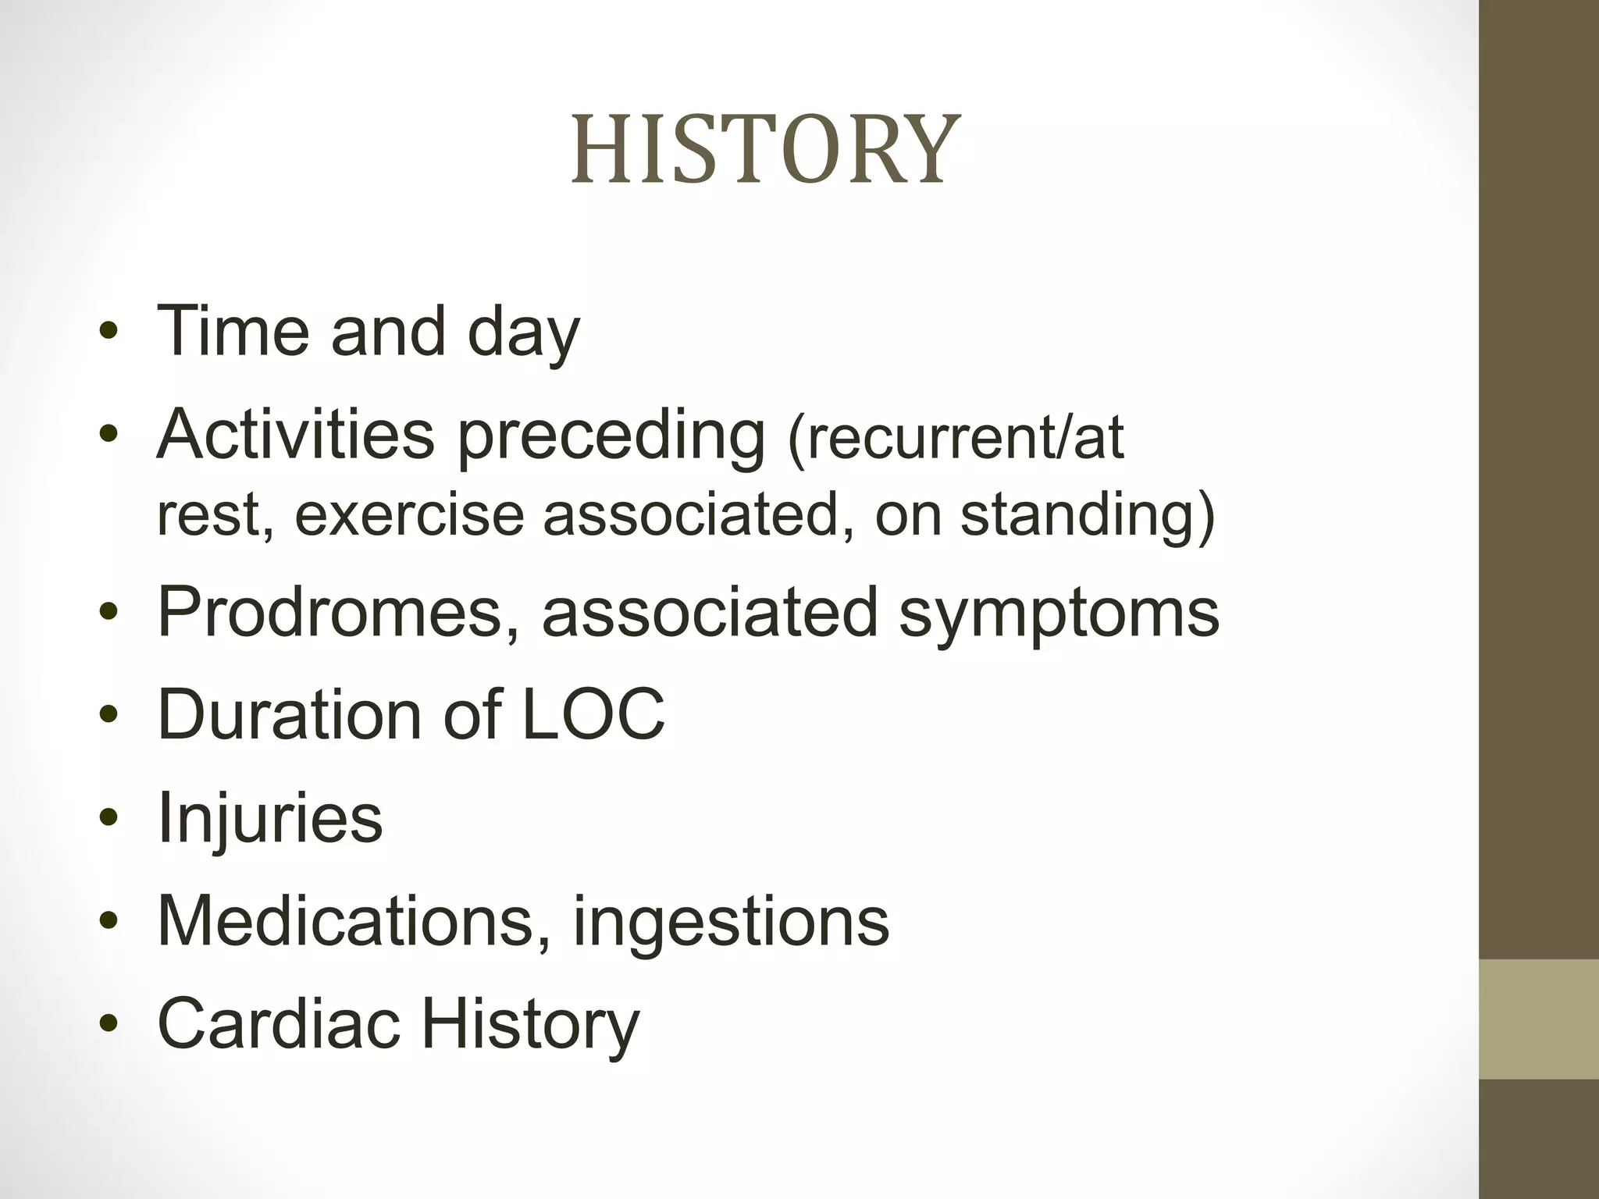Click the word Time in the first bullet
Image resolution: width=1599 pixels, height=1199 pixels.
pos(233,331)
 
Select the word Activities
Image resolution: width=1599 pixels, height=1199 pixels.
pos(295,434)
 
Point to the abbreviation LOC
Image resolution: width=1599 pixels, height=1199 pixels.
pos(593,713)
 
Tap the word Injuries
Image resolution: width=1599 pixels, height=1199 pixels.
pos(270,818)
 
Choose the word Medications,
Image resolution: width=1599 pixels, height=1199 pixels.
pos(354,921)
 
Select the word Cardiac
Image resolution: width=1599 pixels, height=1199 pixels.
pos(279,1023)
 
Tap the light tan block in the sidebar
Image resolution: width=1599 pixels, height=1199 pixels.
pos(1539,1019)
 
